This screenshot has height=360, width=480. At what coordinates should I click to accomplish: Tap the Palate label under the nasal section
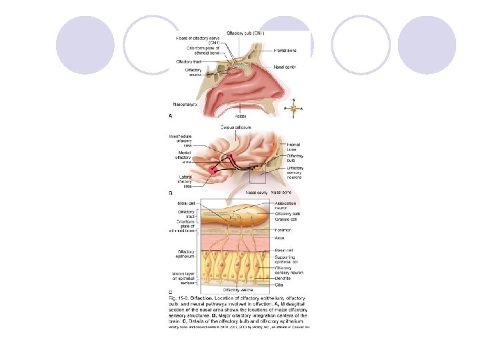(x=241, y=115)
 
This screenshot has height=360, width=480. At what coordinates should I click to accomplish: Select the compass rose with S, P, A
(x=293, y=107)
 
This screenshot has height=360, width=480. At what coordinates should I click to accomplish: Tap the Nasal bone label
(x=281, y=193)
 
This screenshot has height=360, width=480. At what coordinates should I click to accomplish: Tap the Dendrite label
(x=285, y=277)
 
